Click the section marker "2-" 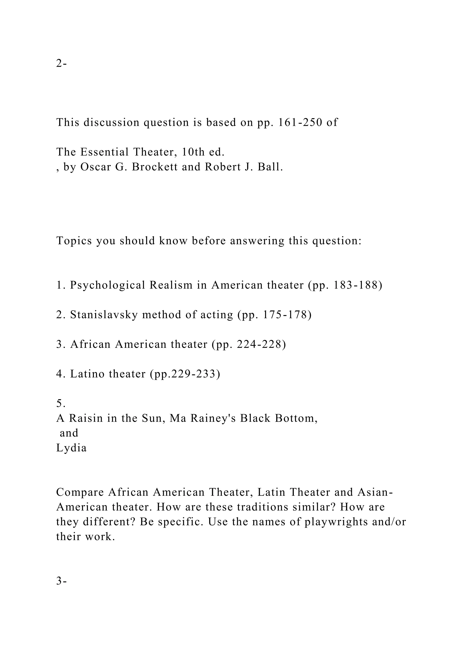[x=61, y=63]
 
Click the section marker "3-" [x=61, y=581]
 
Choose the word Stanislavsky [x=104, y=315]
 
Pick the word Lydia [x=71, y=448]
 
